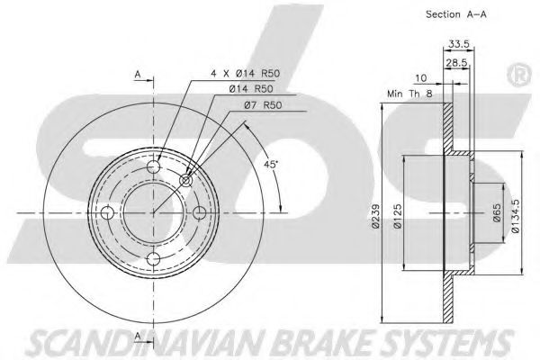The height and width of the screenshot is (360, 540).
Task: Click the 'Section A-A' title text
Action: coord(456,14)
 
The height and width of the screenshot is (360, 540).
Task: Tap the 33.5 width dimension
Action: coord(459,44)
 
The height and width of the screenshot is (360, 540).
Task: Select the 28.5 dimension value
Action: coord(456,63)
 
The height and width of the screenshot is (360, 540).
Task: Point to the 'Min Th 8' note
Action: coord(409,94)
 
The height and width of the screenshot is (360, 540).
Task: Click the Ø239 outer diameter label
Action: coord(375,216)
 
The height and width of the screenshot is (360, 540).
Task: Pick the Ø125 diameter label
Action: coord(398,216)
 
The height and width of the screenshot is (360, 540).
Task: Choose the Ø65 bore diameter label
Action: coord(497,213)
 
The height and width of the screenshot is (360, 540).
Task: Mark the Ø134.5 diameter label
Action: coord(515,216)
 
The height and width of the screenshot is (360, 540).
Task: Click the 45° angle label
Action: coord(271,165)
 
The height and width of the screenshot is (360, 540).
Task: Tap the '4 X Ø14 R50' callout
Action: coord(245,73)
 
